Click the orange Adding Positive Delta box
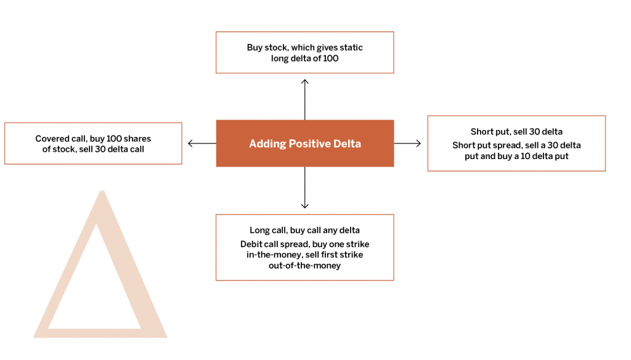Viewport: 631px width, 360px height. point(305,144)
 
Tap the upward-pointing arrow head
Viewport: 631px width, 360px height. point(305,82)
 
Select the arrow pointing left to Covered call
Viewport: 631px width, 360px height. point(202,144)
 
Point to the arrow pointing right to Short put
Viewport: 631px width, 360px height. point(407,144)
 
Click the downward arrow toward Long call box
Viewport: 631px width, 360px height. point(305,187)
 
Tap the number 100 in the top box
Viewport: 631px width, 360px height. point(331,59)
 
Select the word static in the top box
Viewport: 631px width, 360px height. point(351,47)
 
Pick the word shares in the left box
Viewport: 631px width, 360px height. point(137,139)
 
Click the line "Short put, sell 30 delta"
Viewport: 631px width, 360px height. point(517,132)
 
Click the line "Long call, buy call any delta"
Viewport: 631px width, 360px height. point(304,231)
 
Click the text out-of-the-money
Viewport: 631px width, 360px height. point(304,266)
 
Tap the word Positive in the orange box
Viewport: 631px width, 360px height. point(311,144)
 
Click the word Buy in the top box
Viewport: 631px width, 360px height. point(254,48)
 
